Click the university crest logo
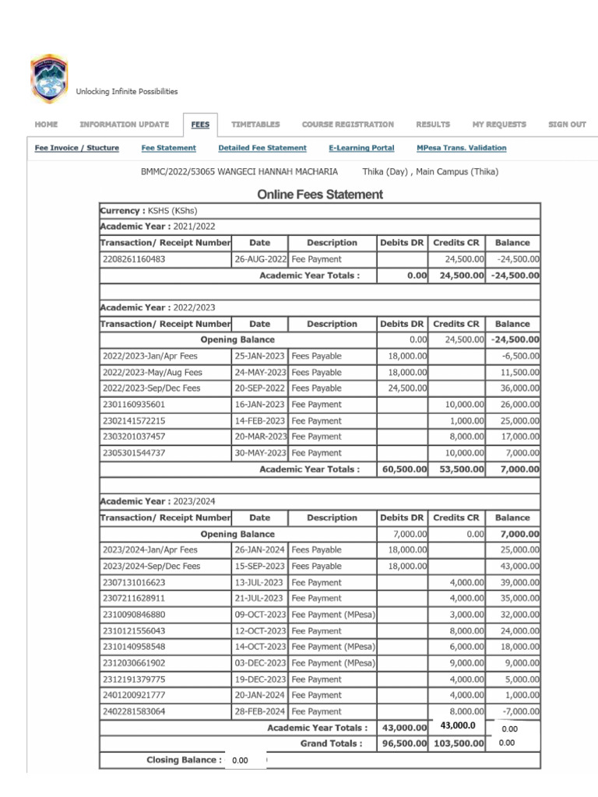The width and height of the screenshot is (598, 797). (x=48, y=79)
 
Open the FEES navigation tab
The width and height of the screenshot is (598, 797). (x=200, y=125)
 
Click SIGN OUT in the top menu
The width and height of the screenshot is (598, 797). (x=567, y=125)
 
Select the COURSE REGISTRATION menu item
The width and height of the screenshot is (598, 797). (x=347, y=125)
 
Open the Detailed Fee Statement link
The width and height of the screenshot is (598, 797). (x=262, y=148)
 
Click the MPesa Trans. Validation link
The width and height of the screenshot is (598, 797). (x=461, y=148)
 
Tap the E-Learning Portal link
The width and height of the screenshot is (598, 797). (x=361, y=148)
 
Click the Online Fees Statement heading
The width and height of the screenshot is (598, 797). (x=320, y=195)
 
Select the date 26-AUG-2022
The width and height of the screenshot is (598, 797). (x=260, y=259)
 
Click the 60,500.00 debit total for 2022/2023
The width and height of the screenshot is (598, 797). (x=403, y=469)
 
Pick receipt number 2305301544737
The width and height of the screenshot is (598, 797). (x=133, y=453)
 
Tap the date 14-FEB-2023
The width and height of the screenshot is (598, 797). (x=260, y=421)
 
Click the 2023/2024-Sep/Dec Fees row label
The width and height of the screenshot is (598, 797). (x=151, y=567)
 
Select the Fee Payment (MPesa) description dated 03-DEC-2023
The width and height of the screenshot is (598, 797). (x=332, y=663)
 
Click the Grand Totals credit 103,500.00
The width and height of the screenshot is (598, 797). (x=458, y=744)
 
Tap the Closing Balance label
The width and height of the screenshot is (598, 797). (x=184, y=760)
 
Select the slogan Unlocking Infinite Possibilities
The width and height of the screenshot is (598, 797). (x=127, y=92)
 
